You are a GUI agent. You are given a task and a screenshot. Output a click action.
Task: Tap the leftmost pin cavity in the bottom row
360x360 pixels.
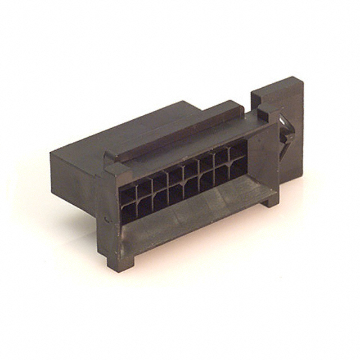pyautogui.click(x=129, y=211)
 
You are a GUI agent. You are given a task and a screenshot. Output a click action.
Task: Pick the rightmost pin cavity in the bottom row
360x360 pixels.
pyautogui.click(x=238, y=168)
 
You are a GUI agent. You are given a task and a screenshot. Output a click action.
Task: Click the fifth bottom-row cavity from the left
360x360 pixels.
pyautogui.click(x=191, y=187)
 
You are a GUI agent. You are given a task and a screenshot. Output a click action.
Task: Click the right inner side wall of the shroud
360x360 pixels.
pyautogui.click(x=262, y=157)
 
